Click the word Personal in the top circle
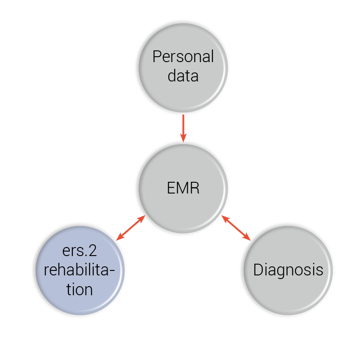click(x=183, y=57)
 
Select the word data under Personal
click(x=183, y=76)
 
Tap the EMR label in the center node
click(x=183, y=188)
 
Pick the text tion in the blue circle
click(x=80, y=289)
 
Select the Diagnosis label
click(x=288, y=270)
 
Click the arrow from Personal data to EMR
click(x=183, y=127)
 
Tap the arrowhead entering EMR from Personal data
click(x=183, y=137)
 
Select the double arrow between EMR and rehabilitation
click(x=130, y=228)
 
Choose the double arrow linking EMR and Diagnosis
click(x=236, y=228)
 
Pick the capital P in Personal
click(x=157, y=57)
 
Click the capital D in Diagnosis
click(x=258, y=270)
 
